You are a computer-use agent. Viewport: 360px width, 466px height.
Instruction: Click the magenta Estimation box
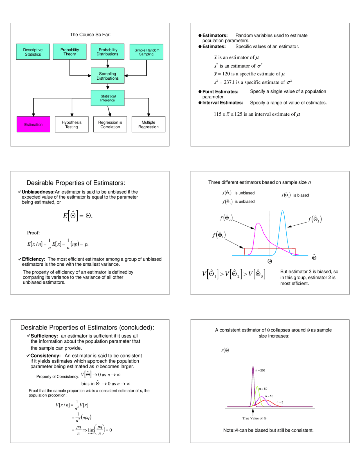33,124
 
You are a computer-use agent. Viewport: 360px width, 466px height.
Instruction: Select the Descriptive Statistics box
33,52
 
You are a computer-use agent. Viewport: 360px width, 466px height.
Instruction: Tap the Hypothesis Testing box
72,124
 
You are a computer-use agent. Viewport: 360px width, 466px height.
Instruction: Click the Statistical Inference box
108,98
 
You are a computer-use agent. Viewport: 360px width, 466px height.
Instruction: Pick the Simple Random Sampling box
147,52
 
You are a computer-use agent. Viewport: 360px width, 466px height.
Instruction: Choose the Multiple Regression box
148,124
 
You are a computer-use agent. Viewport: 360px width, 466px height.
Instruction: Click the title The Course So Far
90,35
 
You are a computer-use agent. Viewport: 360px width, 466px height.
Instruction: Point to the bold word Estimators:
215,35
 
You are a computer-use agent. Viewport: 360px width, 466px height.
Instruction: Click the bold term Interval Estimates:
222,103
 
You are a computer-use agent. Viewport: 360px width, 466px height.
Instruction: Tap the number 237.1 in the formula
229,82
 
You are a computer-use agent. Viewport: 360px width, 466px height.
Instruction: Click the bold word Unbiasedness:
38,192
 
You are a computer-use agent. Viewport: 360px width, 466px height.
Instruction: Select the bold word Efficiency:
33,259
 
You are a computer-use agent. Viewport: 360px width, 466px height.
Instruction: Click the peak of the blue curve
282,211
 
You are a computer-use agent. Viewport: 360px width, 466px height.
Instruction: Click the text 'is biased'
301,195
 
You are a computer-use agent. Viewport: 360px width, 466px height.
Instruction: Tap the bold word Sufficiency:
44,336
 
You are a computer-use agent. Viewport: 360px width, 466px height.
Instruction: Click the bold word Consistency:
45,356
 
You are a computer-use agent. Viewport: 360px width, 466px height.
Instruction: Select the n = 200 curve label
260,371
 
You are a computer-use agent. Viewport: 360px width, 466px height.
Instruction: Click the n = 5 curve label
280,402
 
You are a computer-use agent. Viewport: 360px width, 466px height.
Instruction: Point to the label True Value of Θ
254,418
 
